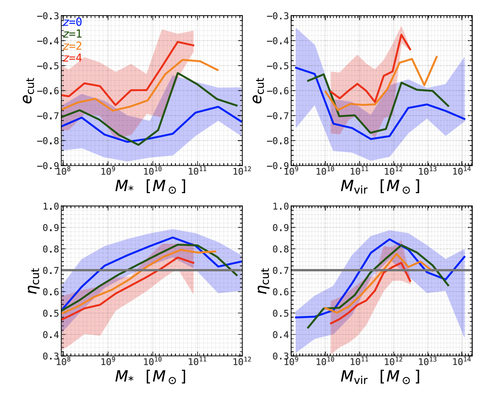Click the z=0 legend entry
[72, 22]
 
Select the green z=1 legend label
[72, 34]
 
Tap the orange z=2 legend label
[72, 46]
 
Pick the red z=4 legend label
[72, 58]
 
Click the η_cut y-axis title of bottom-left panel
[33, 281]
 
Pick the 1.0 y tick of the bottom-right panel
[281, 206]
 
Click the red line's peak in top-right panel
[401, 35]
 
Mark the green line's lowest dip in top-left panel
[138, 145]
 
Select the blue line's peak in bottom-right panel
[389, 239]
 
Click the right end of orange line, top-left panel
[218, 70]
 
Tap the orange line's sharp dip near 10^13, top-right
[424, 85]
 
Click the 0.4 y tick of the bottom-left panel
[51, 335]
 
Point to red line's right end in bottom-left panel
[194, 263]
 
